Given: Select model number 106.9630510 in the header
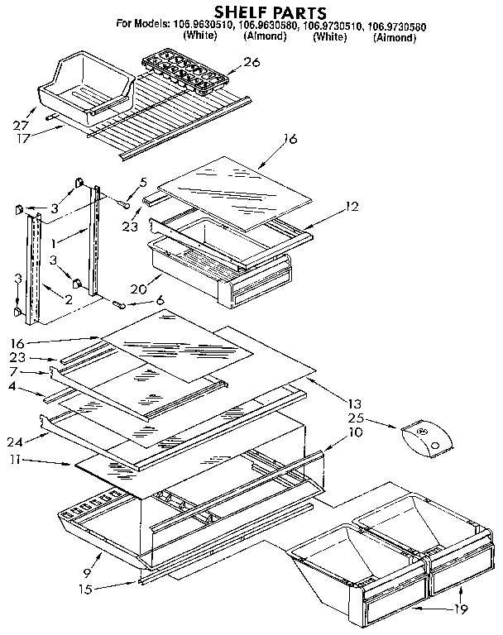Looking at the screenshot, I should tap(200, 26).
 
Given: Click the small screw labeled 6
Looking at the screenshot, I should tap(121, 303).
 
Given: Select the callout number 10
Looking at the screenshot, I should tap(355, 431).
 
